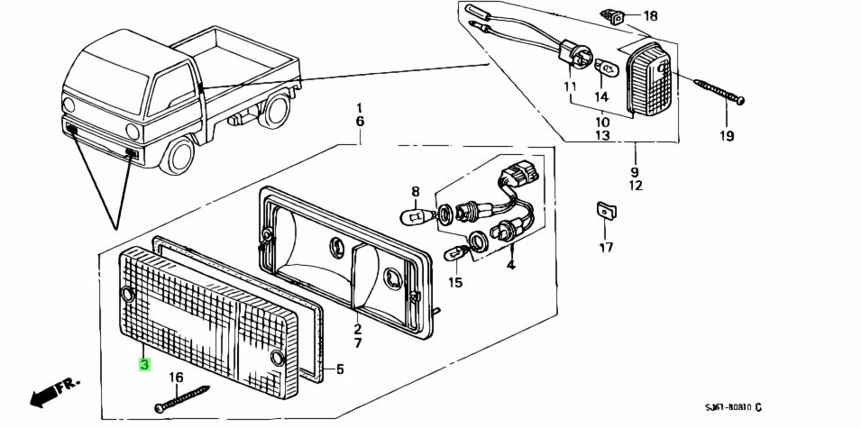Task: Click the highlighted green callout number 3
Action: [143, 365]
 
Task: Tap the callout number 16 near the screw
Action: [176, 378]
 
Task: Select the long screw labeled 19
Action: [719, 92]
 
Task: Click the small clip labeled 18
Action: [616, 15]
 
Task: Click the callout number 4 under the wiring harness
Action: [510, 265]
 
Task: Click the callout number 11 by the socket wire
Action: [570, 87]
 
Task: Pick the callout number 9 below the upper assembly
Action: [635, 171]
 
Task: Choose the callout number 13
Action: [602, 135]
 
